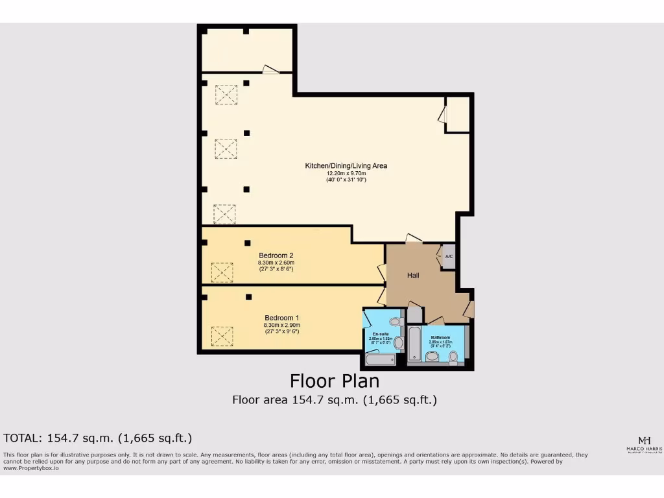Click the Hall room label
413,276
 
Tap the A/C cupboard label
449,257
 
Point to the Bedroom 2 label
278,255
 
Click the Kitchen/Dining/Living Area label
346,166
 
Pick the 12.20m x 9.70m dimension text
346,173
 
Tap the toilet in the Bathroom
453,356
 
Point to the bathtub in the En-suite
380,359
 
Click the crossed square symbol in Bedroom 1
222,336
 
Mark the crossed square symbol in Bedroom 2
222,272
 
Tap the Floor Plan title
334,380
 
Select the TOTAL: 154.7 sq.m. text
97,438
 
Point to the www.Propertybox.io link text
31,468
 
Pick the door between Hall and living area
413,239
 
